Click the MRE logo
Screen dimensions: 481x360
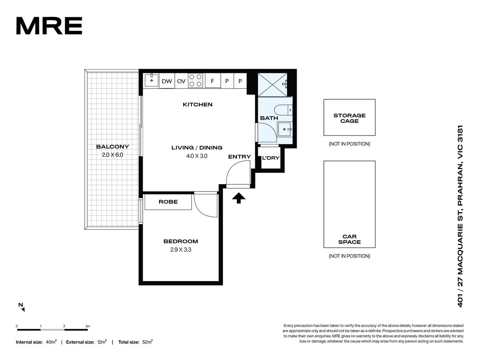tap(49, 26)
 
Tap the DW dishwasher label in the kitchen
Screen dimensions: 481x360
tap(167, 81)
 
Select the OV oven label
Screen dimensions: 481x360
tap(181, 81)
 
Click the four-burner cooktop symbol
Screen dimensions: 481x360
tap(195, 80)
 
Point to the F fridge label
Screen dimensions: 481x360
tap(212, 81)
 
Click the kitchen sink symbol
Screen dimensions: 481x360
tap(152, 80)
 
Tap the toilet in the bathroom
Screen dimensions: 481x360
tap(283, 110)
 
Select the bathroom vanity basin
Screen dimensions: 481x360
tap(285, 129)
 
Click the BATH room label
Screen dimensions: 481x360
tap(269, 118)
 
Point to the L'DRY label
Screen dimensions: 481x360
tap(271, 158)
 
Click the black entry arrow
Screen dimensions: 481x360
tap(238, 198)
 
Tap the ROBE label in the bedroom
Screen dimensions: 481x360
tap(168, 201)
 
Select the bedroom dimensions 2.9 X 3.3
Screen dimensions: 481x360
tap(180, 249)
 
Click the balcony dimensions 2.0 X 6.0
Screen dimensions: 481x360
tap(112, 155)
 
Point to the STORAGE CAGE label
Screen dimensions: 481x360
tap(349, 118)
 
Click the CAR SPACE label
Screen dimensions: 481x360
tap(349, 239)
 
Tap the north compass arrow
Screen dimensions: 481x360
tap(22, 309)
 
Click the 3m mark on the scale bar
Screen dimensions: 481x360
tap(88, 326)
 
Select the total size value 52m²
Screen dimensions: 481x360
tap(147, 342)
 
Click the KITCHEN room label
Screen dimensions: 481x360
tap(198, 105)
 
